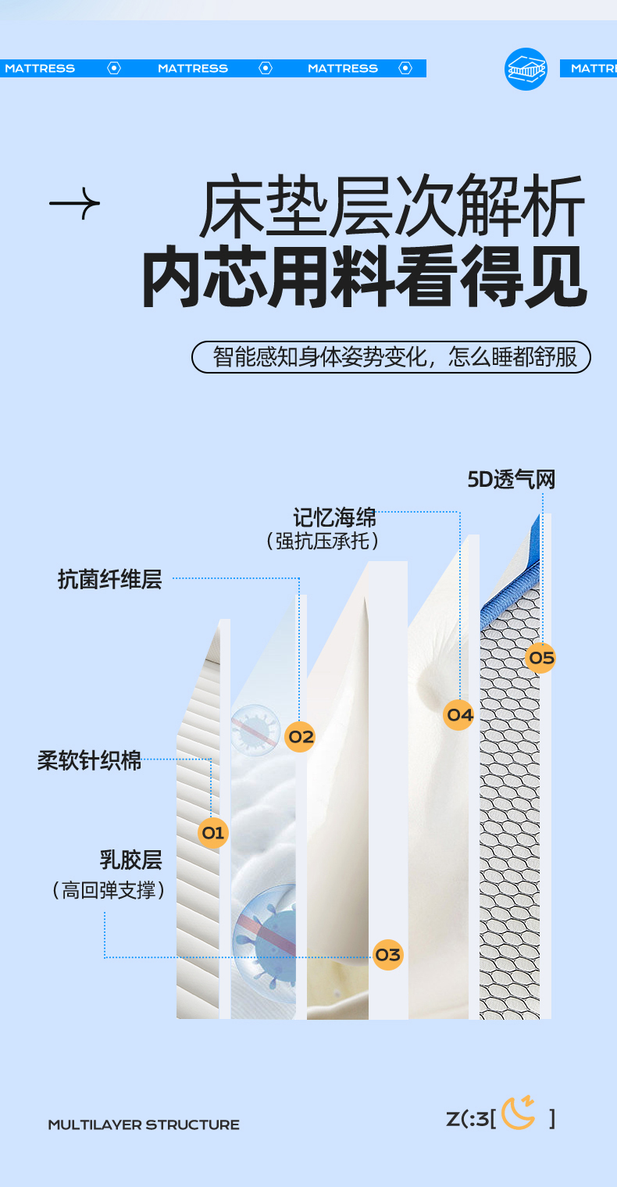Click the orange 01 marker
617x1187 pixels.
pyautogui.click(x=212, y=832)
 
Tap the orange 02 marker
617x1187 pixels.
pyautogui.click(x=300, y=736)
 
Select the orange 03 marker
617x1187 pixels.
pyautogui.click(x=387, y=954)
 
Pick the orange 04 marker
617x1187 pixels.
pyautogui.click(x=458, y=714)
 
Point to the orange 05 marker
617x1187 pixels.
pyautogui.click(x=541, y=658)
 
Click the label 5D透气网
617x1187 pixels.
pyautogui.click(x=511, y=480)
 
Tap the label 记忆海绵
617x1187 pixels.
pyautogui.click(x=334, y=517)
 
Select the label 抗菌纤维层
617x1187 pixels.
pyautogui.click(x=109, y=579)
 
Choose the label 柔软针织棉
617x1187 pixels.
pyautogui.click(x=90, y=760)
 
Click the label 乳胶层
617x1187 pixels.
pyautogui.click(x=130, y=860)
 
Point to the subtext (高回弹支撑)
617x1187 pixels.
pyautogui.click(x=109, y=890)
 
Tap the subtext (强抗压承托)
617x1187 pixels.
pyautogui.click(x=323, y=541)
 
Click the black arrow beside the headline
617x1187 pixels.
pyautogui.click(x=75, y=204)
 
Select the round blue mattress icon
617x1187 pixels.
pyautogui.click(x=526, y=69)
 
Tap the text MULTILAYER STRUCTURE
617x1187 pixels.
pyautogui.click(x=144, y=1124)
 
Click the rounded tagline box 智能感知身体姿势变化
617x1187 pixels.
pyautogui.click(x=391, y=357)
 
